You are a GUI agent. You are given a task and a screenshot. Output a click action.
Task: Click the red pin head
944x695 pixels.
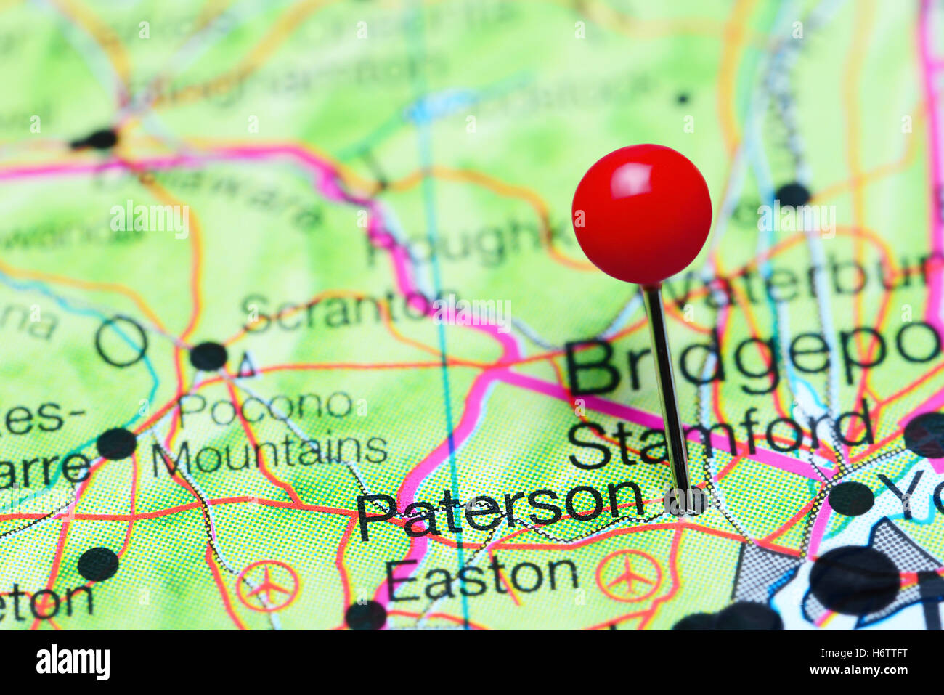[x=642, y=214]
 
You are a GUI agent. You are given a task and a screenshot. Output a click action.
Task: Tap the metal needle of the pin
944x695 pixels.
[x=667, y=392]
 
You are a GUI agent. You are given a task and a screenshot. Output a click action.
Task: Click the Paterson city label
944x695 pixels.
[x=500, y=508]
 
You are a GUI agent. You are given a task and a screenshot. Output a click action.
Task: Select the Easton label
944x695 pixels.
[x=481, y=577]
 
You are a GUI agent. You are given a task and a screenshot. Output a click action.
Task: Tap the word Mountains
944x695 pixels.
[x=269, y=452]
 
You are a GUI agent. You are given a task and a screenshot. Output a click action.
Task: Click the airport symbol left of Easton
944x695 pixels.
[x=267, y=585]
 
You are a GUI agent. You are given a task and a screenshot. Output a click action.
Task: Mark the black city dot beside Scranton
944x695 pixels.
[x=208, y=356]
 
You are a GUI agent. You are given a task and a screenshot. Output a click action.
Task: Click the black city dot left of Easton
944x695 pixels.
[x=366, y=615]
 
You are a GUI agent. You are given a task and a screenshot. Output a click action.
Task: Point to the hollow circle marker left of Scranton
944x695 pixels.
[x=121, y=341]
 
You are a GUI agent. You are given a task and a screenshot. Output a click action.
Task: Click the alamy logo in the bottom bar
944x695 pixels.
[x=73, y=662]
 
